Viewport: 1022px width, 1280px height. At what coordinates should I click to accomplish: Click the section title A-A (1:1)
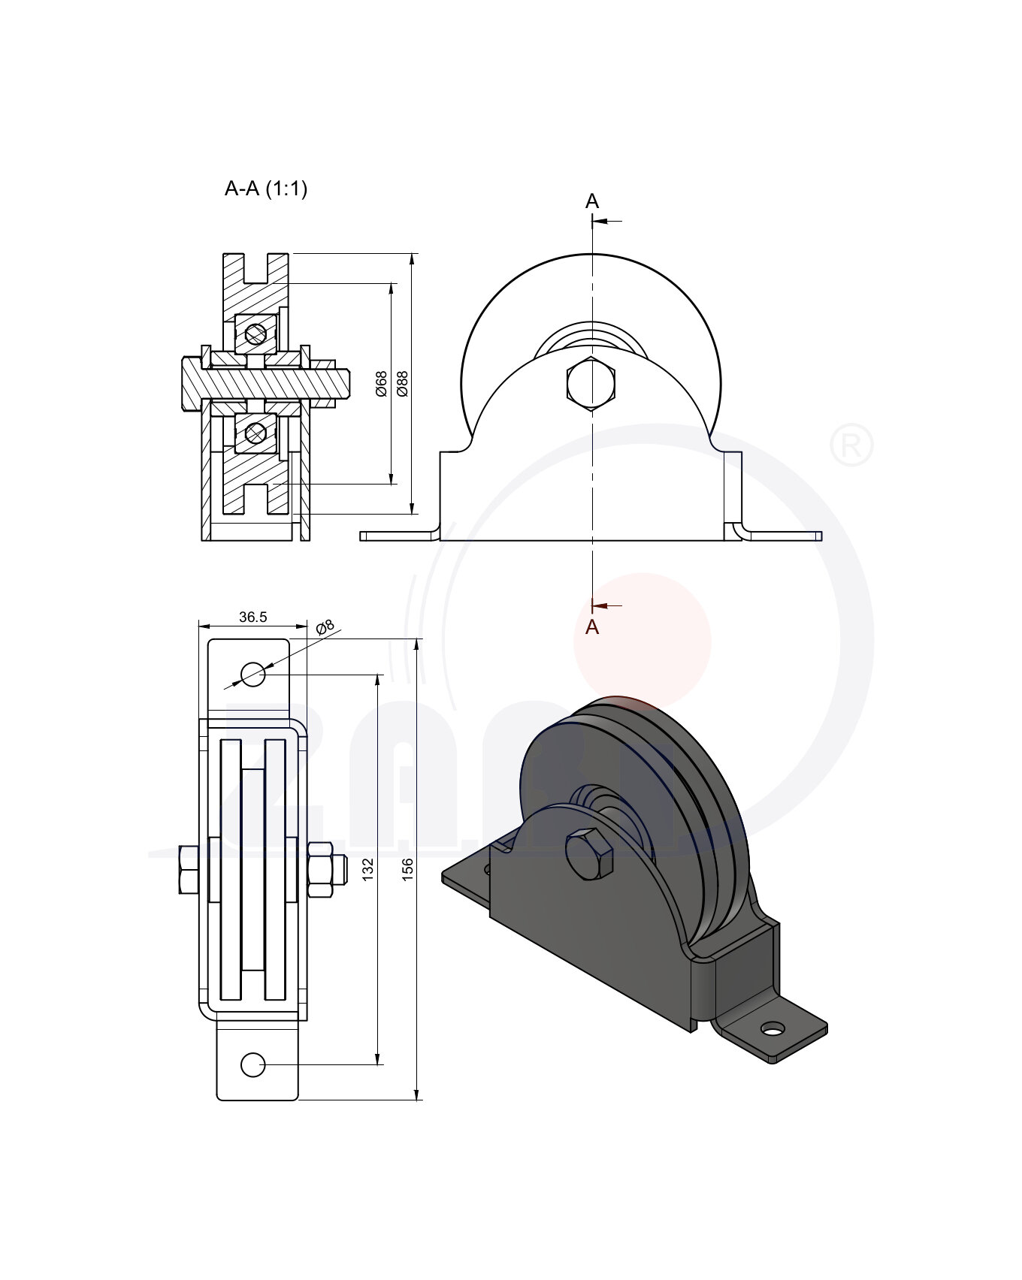[266, 189]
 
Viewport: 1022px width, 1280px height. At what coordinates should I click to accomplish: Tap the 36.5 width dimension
[252, 617]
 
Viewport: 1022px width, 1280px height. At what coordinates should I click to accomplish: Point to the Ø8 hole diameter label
[325, 627]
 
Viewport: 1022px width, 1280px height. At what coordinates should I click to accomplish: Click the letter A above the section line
[592, 201]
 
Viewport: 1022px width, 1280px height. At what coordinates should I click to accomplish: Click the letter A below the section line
[592, 627]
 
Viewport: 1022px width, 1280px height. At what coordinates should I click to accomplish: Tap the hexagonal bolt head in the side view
[591, 385]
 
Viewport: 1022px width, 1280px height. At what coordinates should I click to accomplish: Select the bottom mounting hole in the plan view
[252, 1064]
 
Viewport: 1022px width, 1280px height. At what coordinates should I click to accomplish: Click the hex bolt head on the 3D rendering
[589, 854]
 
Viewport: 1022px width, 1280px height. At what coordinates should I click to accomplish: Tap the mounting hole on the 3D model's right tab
[772, 1028]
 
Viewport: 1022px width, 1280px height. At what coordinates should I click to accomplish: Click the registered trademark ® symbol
[851, 446]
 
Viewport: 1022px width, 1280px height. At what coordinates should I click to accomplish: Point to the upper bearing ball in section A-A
[255, 333]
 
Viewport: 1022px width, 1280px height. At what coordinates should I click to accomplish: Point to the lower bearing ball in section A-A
[255, 433]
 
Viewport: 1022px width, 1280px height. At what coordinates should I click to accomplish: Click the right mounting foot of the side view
[782, 536]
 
